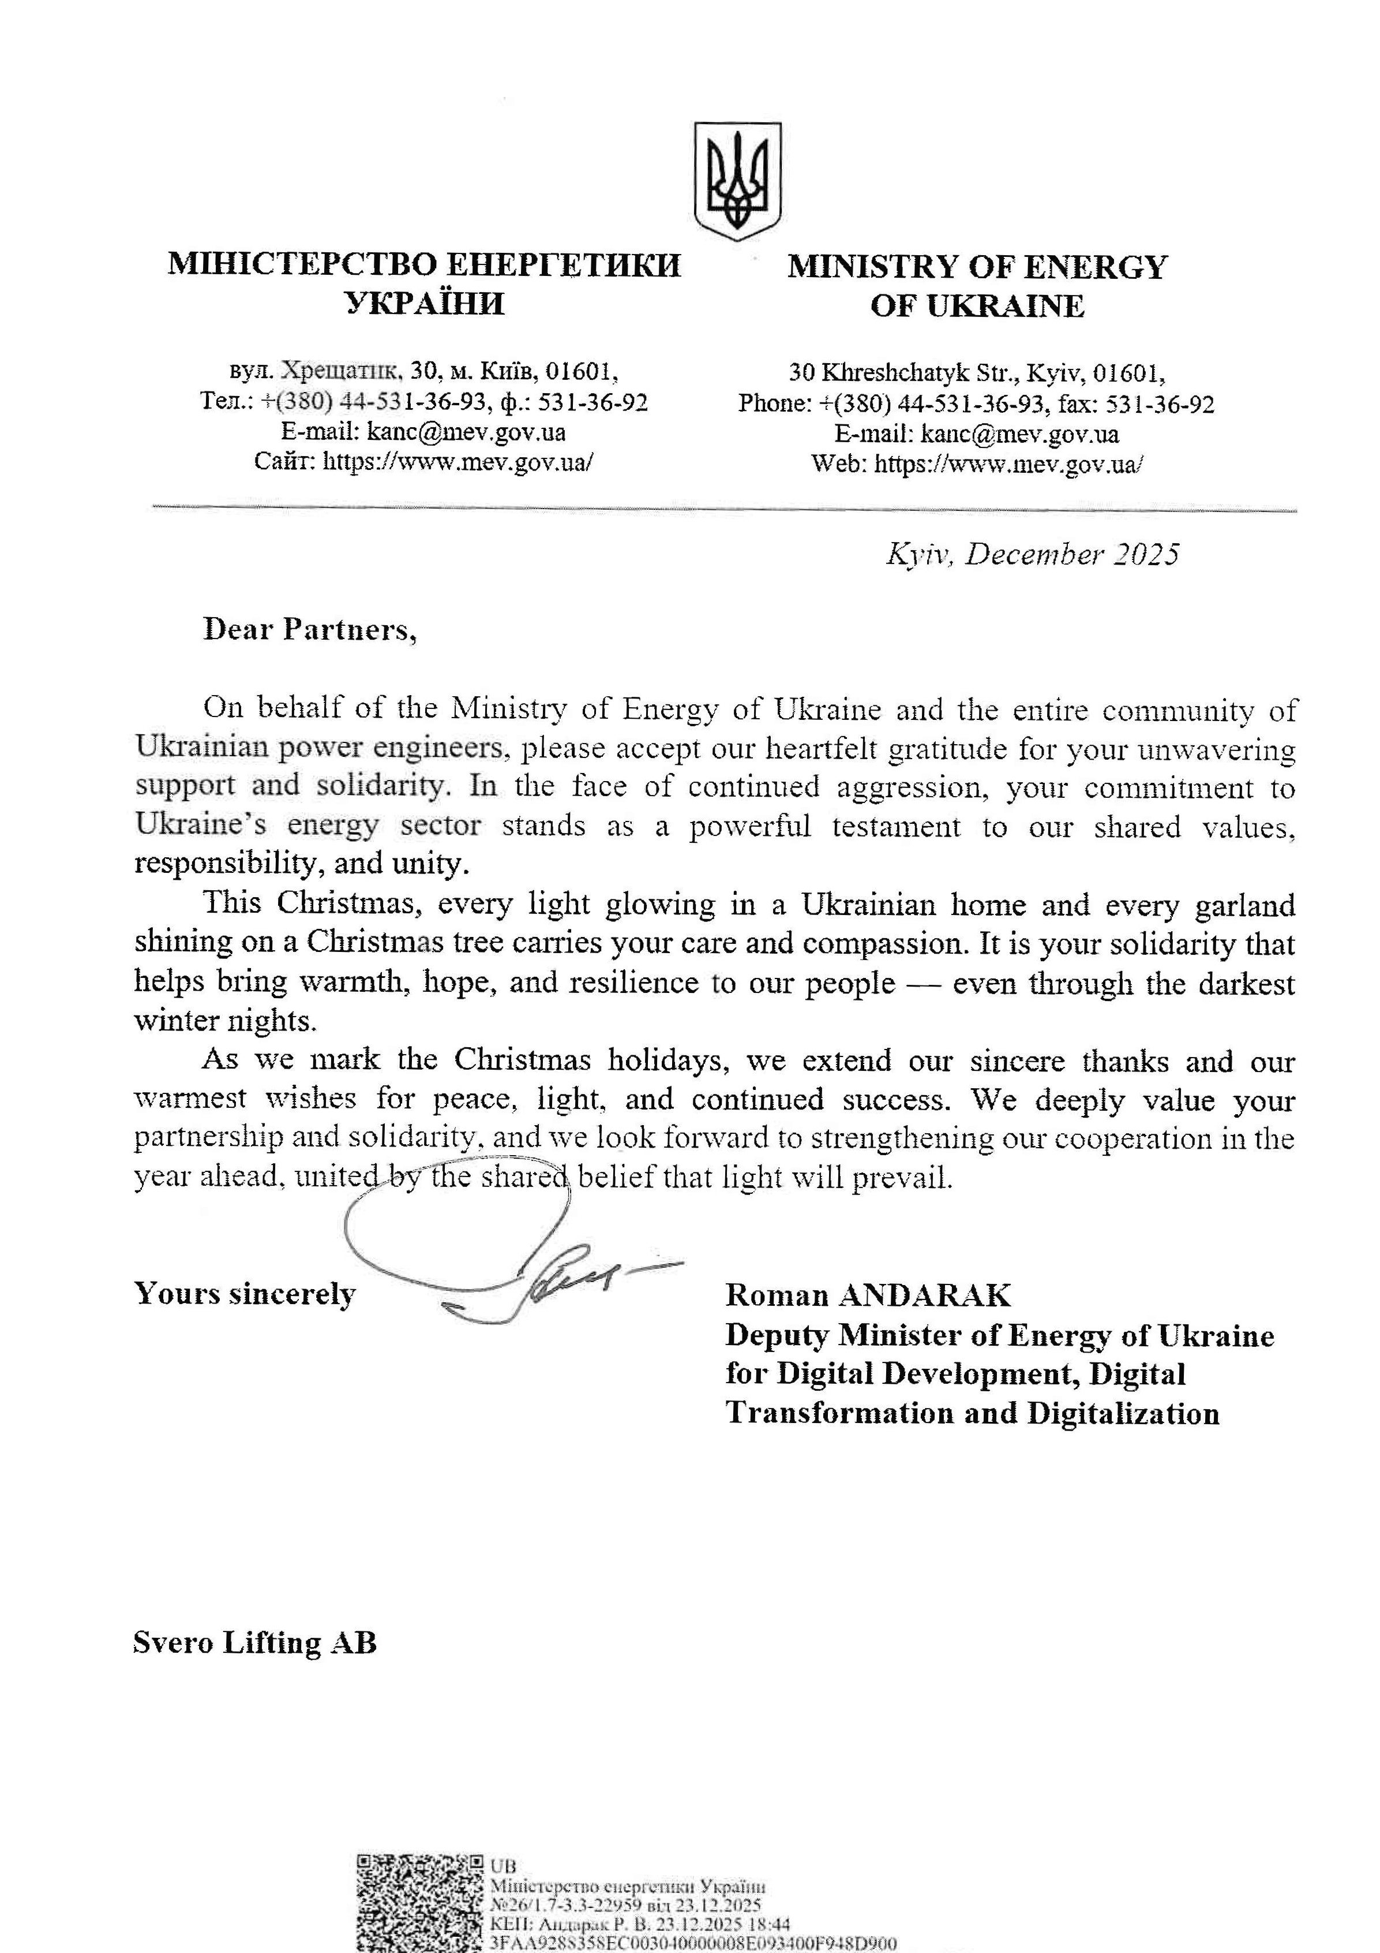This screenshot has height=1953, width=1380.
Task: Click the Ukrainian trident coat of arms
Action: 737,180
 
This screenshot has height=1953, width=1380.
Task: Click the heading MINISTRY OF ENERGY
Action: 977,267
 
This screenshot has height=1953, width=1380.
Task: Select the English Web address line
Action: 977,464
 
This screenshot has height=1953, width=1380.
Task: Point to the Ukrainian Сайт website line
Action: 423,462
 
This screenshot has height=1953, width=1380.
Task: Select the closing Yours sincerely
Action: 245,1294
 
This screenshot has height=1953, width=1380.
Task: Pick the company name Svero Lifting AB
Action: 254,1642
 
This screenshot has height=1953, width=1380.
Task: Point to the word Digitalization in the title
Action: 1123,1414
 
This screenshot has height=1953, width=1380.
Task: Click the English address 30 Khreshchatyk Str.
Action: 977,372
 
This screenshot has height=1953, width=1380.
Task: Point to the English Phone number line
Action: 976,403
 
